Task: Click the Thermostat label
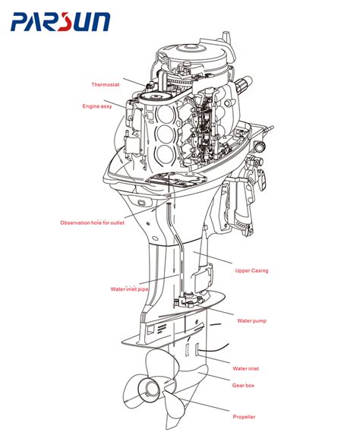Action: [106, 84]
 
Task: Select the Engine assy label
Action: [97, 106]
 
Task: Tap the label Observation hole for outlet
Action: [91, 222]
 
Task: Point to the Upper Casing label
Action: [251, 270]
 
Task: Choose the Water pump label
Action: [251, 321]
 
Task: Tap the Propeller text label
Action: [244, 417]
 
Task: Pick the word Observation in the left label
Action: [76, 222]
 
